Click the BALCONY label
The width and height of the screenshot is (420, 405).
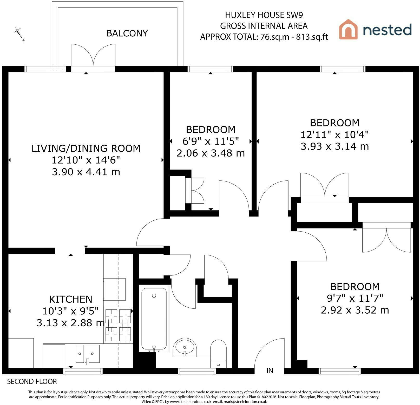coord(127,33)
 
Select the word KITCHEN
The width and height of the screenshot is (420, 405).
coord(71,299)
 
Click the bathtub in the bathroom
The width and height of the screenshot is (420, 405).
coord(154,319)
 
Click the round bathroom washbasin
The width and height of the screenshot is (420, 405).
coord(185,347)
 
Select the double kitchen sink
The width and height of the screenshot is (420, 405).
coord(88,354)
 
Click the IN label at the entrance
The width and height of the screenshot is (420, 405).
coord(270,370)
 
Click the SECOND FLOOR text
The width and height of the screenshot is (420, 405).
coord(32,382)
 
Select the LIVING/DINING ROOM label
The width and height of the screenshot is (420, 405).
coord(86,148)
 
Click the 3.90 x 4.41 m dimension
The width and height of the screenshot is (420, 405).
coord(86,172)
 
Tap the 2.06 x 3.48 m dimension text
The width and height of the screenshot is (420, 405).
coord(211,153)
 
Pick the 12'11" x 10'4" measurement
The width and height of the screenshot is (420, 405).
coord(335,134)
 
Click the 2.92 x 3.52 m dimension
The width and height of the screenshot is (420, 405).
coord(355,310)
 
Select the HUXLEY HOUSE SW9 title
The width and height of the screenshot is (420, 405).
coord(264,15)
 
